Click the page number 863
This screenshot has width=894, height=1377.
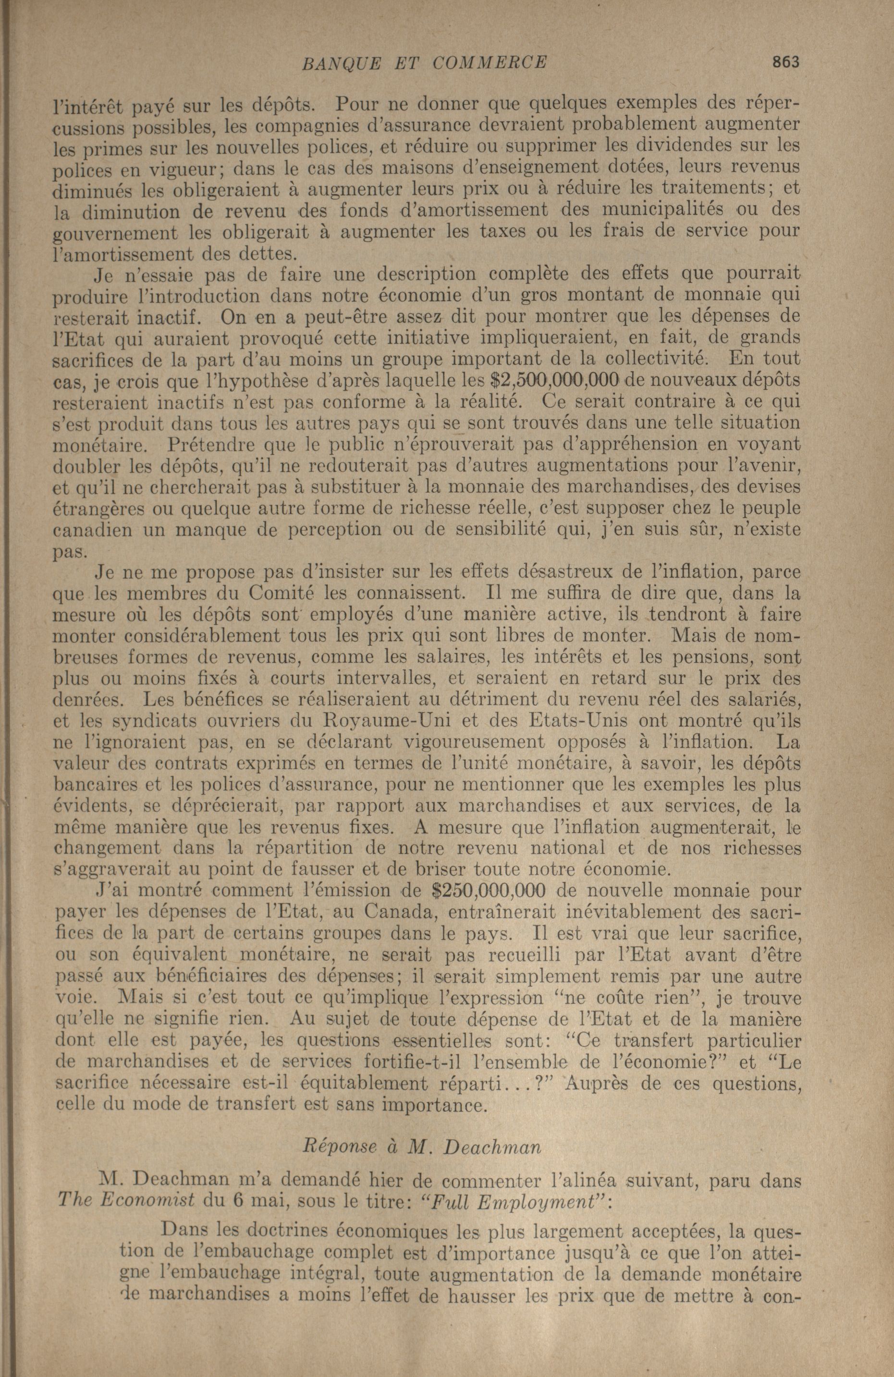tap(784, 62)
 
